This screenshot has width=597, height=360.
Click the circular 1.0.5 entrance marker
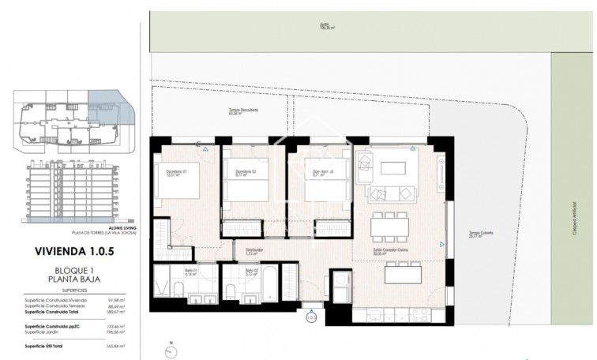310,318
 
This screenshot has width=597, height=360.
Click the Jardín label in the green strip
324,25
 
